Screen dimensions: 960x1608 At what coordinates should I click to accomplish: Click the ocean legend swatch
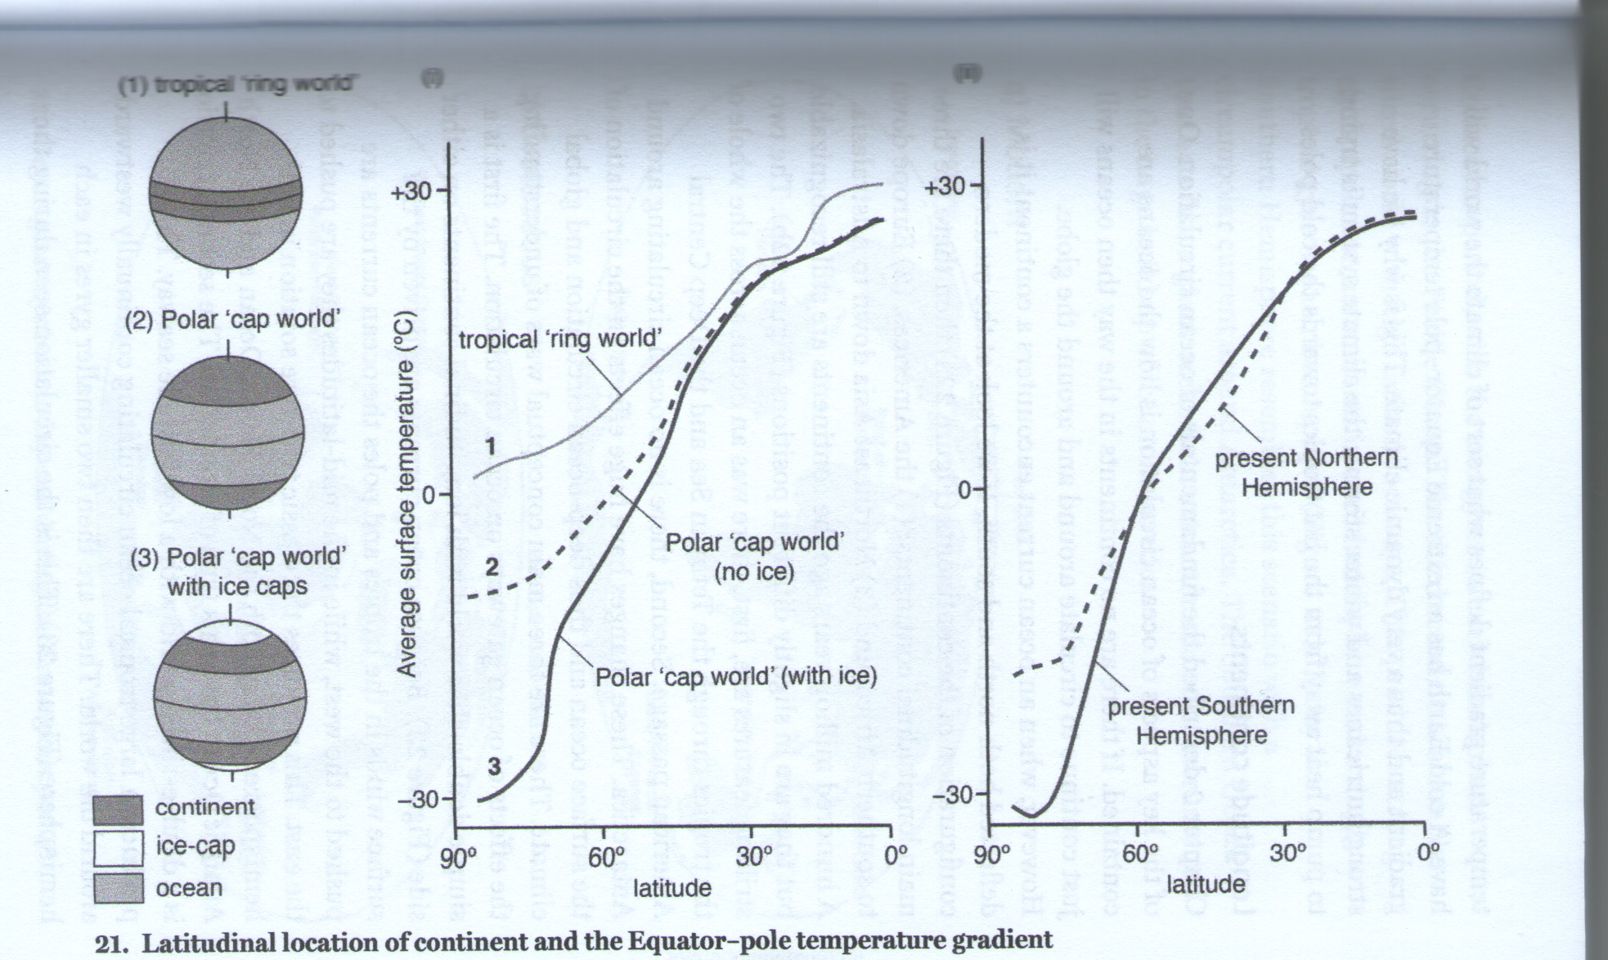click(118, 888)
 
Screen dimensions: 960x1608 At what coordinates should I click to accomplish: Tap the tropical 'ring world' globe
click(227, 201)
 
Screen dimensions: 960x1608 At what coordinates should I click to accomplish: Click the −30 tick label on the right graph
click(951, 795)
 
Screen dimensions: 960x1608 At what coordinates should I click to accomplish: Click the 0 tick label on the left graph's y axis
click(425, 495)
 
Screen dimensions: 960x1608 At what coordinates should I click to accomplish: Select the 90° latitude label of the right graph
click(992, 855)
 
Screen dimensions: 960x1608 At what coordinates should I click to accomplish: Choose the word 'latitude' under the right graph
click(1206, 883)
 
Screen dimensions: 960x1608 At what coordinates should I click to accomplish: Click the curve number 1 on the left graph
click(490, 446)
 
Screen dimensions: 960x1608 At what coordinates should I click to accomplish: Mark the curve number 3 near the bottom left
click(493, 767)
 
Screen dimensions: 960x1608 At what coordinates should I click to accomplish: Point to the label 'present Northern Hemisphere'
click(1306, 473)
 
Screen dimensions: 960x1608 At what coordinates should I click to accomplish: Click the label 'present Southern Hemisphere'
click(1201, 720)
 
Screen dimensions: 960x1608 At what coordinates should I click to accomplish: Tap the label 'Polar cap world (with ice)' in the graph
click(735, 676)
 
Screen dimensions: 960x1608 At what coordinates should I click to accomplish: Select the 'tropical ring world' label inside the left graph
click(560, 338)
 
